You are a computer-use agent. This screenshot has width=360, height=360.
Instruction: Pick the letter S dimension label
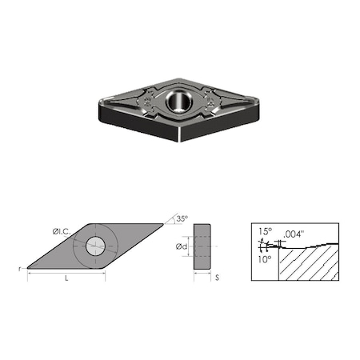(x=217, y=278)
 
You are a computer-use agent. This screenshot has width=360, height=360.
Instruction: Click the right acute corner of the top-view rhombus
(x=165, y=225)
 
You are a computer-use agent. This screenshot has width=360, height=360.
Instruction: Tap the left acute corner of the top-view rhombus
(x=29, y=268)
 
